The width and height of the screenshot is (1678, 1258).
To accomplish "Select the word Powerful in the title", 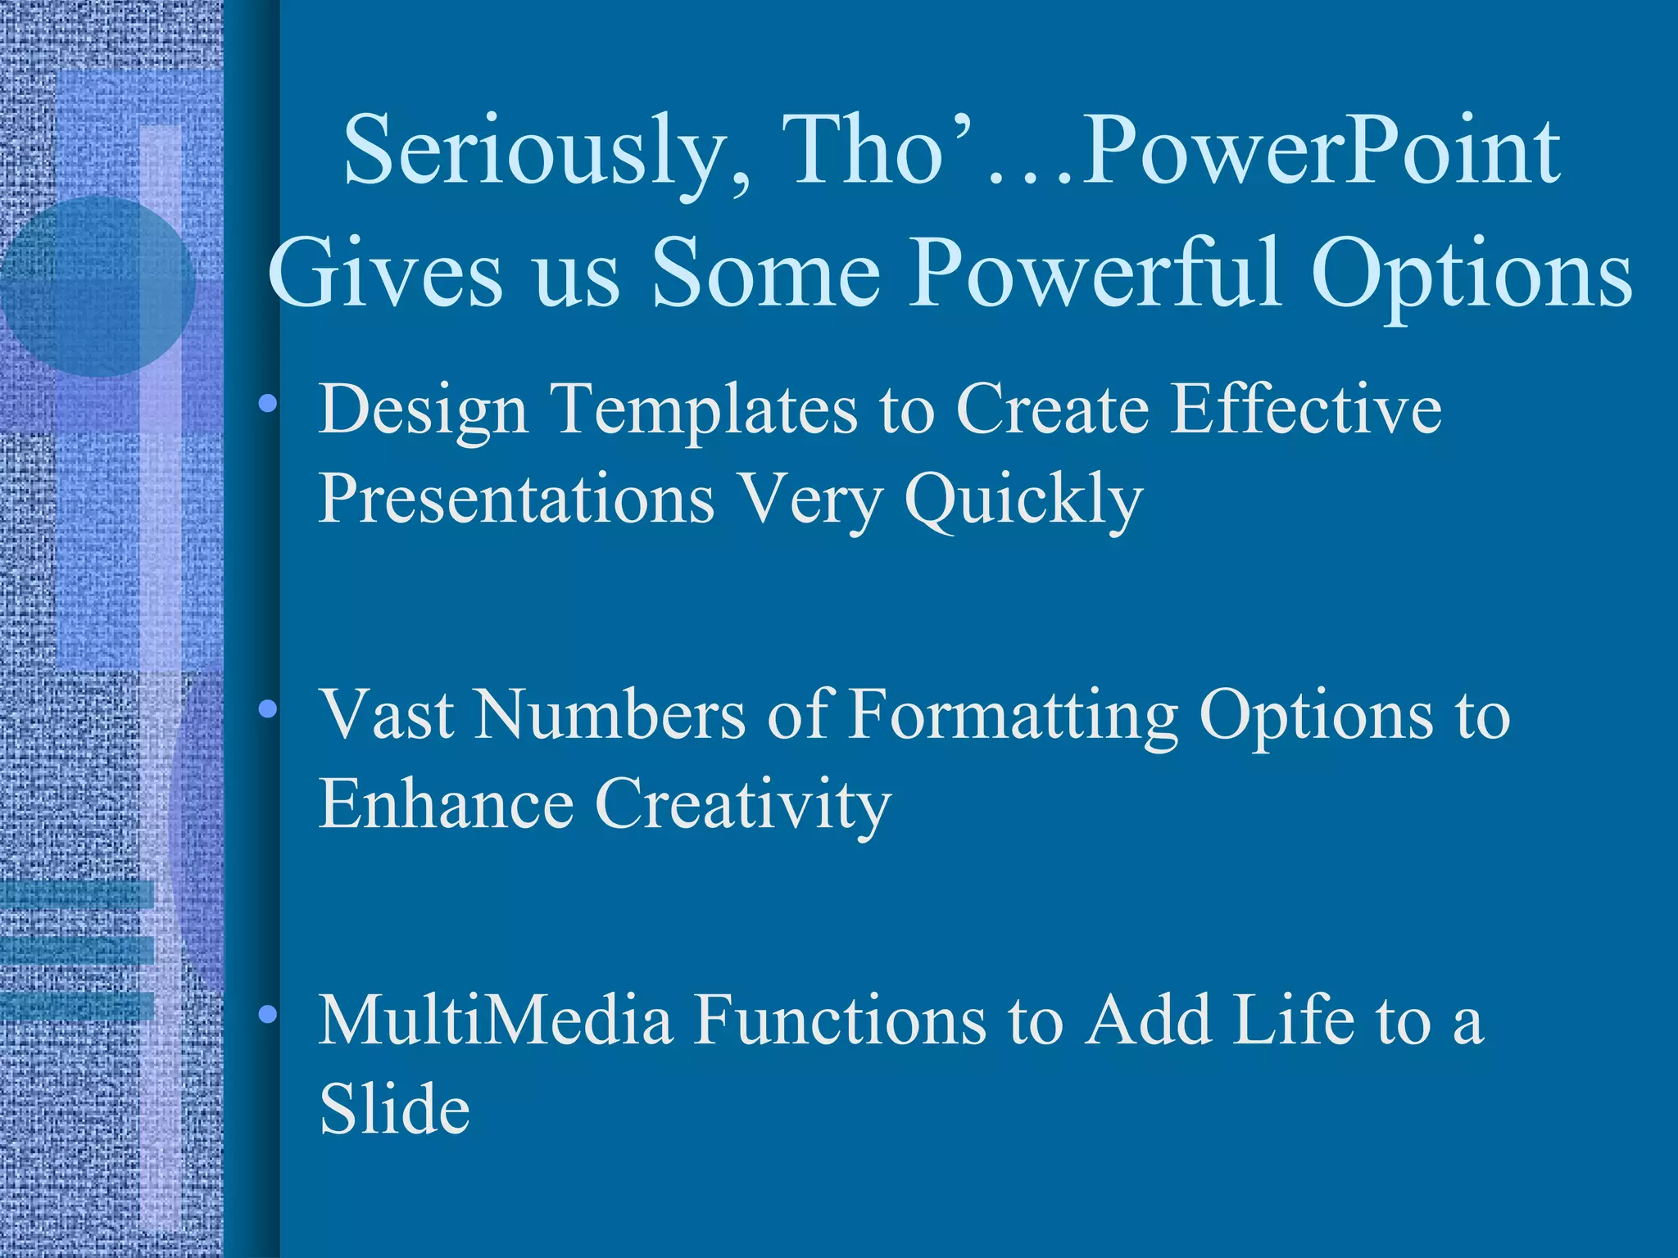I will coord(1094,274).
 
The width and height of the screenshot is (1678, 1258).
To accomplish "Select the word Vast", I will coord(386,714).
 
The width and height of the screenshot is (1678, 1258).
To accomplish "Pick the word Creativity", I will coord(742,805).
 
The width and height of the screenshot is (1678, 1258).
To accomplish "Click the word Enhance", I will coord(446,803).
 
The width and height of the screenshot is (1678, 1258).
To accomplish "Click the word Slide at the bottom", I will coord(394,1109).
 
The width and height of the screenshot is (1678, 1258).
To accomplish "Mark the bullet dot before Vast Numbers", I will coord(267,709).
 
